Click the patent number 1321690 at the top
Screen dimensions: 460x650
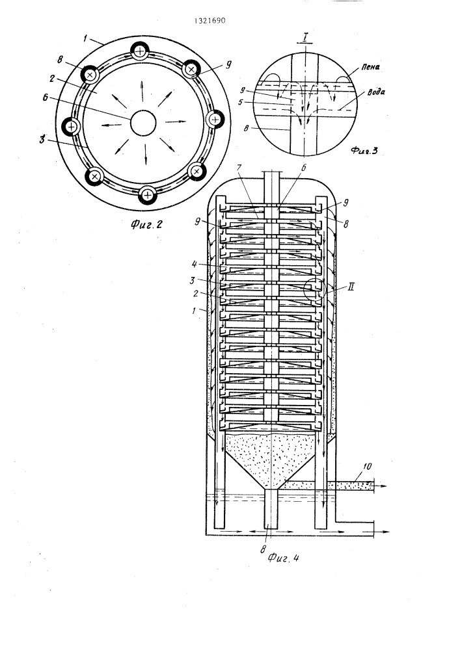pos(210,21)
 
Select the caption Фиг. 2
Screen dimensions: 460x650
pos(146,224)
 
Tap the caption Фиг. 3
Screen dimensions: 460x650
pos(364,151)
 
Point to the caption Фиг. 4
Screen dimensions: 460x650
pos(283,558)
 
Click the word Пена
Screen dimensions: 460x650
pos(370,67)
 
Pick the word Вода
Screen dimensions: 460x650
pos(376,92)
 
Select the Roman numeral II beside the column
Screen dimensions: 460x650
pos(350,287)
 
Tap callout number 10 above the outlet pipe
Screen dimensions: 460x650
pos(367,466)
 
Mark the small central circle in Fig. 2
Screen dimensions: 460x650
pos(143,123)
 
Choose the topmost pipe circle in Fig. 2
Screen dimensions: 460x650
pos(141,52)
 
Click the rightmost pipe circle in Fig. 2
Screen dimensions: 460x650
pos(215,120)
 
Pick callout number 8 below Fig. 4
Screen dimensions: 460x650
pos(263,549)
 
